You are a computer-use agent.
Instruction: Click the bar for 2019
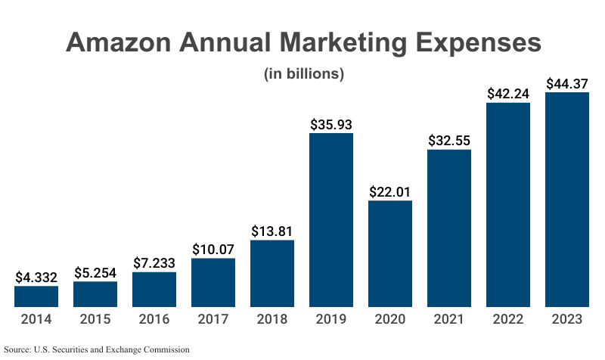[331, 220]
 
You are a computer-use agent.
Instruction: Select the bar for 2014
[36, 296]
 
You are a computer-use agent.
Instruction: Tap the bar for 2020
[390, 253]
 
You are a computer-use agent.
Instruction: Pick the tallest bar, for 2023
[567, 200]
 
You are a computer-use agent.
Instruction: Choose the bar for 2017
[213, 282]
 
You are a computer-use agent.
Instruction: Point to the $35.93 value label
[331, 123]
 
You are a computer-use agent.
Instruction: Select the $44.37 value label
[567, 83]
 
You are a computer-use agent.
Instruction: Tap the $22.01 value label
[390, 191]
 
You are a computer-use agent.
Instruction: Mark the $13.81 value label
[272, 231]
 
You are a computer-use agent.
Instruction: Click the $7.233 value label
[154, 262]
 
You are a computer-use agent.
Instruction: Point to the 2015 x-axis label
[95, 319]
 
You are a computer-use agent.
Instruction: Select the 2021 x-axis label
[449, 319]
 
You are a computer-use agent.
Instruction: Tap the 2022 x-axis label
[508, 319]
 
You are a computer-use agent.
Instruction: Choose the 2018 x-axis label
[272, 319]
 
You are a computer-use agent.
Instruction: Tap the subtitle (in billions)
[303, 74]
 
